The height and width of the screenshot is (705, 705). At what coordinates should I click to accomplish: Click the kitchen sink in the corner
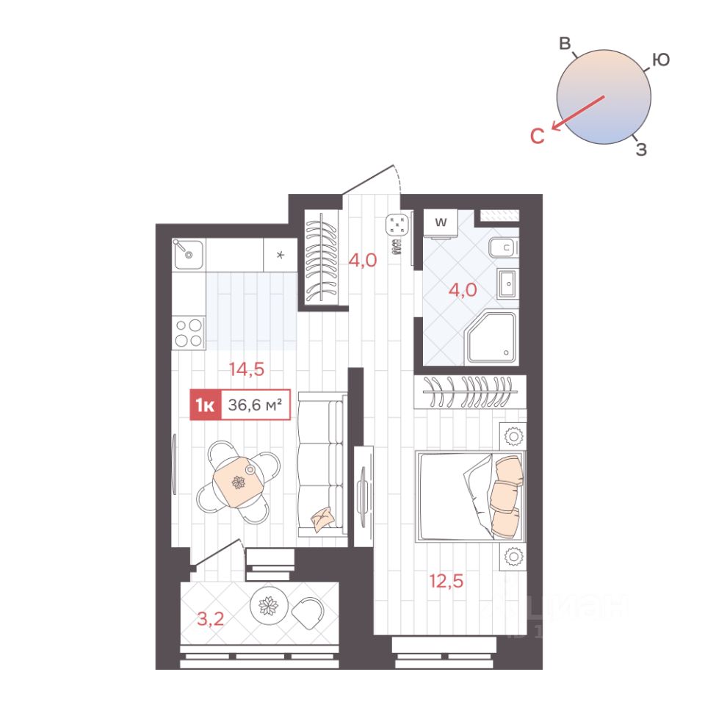[188, 255]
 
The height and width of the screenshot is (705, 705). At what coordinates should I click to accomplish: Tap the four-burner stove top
[189, 333]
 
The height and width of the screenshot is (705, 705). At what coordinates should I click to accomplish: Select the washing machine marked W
[441, 223]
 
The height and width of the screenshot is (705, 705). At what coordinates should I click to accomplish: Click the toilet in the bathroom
[504, 247]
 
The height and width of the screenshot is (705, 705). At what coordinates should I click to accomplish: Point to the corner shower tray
[492, 337]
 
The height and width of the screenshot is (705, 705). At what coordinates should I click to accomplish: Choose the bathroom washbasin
[508, 283]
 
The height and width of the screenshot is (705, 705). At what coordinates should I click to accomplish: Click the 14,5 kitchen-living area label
[247, 369]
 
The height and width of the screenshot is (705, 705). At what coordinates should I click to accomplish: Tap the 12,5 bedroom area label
[446, 581]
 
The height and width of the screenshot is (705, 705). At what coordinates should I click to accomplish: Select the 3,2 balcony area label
[211, 619]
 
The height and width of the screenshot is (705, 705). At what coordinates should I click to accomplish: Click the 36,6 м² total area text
[255, 405]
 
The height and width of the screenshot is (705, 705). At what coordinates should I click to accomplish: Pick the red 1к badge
[206, 405]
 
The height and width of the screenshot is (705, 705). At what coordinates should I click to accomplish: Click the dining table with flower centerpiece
[238, 482]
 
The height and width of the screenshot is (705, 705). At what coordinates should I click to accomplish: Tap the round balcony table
[269, 605]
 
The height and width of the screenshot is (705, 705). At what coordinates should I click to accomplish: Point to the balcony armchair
[308, 612]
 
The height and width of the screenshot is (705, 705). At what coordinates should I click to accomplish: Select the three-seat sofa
[322, 465]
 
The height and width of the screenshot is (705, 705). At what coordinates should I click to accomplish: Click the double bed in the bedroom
[471, 496]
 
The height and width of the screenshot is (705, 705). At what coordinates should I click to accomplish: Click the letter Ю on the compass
[661, 59]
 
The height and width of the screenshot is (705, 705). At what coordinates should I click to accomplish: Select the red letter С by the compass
[538, 136]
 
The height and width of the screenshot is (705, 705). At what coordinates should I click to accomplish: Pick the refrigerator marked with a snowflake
[280, 255]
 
